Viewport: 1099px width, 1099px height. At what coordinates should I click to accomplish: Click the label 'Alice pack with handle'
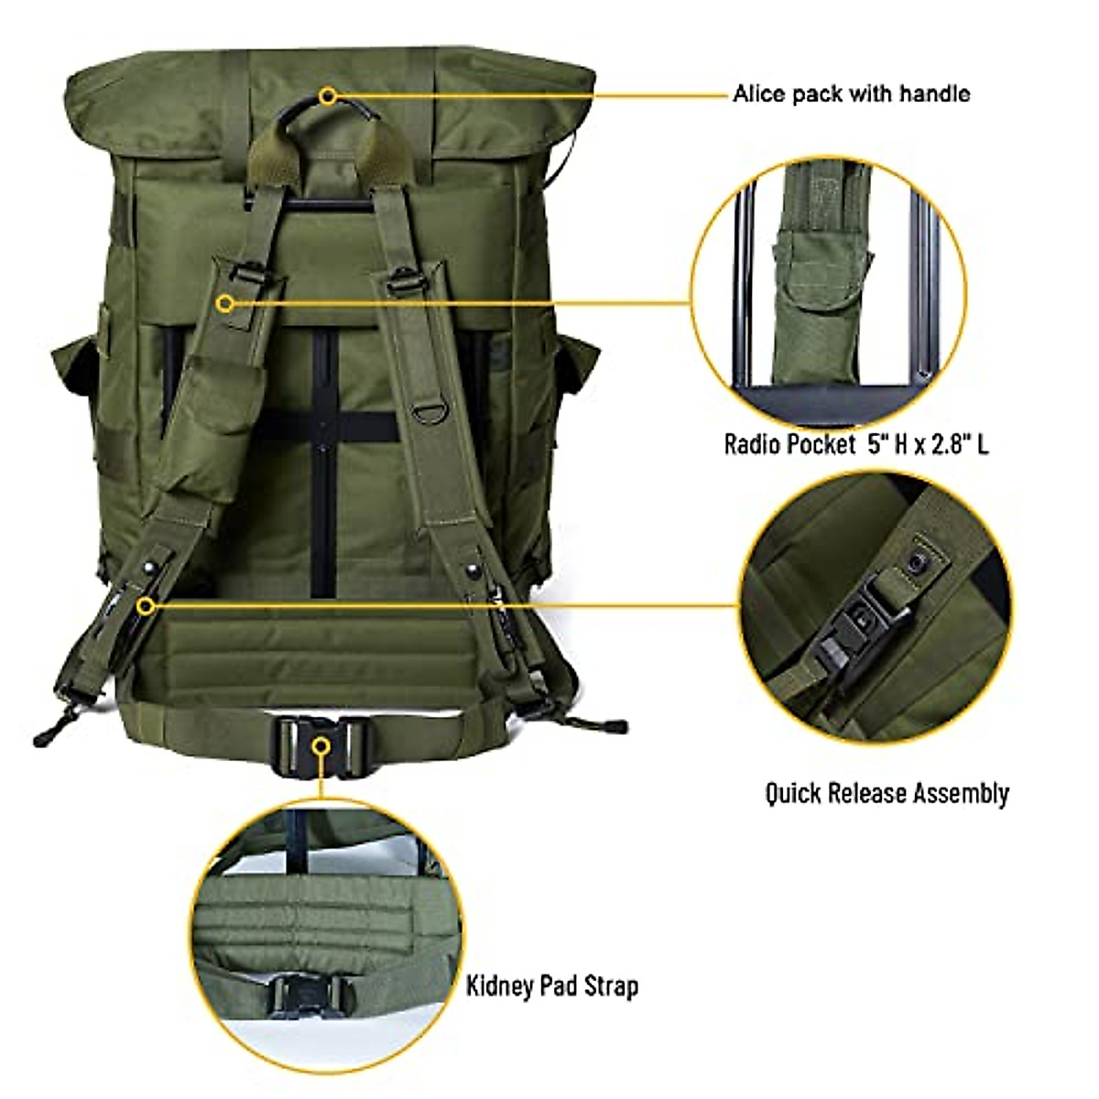click(x=851, y=93)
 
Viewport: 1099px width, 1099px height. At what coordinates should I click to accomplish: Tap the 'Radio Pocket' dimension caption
click(x=856, y=445)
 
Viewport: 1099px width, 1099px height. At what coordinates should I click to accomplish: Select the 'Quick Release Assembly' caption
click(x=887, y=792)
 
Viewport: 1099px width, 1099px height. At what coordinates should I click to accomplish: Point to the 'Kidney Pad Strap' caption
click(x=552, y=986)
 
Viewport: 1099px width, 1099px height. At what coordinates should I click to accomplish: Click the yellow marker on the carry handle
click(x=328, y=94)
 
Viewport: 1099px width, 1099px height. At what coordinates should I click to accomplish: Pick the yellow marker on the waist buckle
click(x=320, y=746)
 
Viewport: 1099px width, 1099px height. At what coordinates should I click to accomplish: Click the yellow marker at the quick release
click(x=145, y=605)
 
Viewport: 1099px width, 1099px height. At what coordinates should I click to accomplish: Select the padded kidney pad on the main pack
click(x=316, y=650)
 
